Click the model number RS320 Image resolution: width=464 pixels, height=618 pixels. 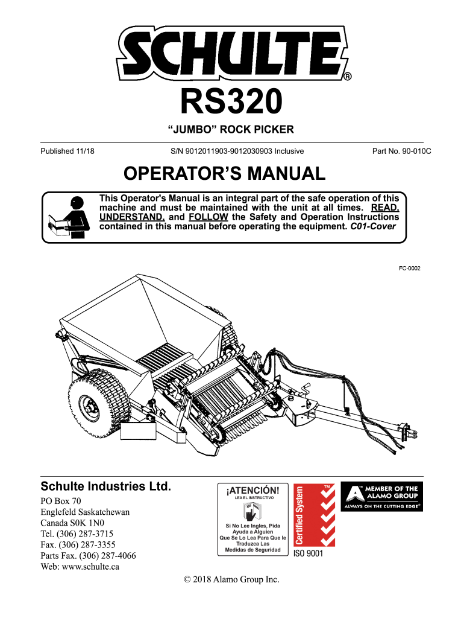click(x=232, y=103)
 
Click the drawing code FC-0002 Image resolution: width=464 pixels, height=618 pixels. click(x=409, y=268)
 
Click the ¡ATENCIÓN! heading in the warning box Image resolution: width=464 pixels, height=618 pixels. click(x=252, y=490)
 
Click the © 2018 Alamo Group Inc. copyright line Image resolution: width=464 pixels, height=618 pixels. click(x=232, y=579)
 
